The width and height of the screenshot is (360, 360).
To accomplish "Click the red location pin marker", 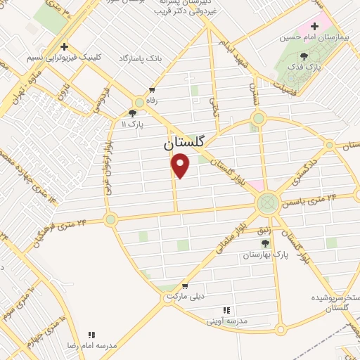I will coord(181,166).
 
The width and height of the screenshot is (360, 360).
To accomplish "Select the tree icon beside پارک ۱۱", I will coord(132,112).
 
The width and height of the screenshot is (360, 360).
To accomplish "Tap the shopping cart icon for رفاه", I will coord(151,90).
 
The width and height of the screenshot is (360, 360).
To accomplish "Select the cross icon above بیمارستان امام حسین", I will coord(314,27).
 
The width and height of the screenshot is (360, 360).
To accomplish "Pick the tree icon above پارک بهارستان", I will coord(264,243).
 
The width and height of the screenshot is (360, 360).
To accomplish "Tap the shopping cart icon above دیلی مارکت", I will coord(185,286).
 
